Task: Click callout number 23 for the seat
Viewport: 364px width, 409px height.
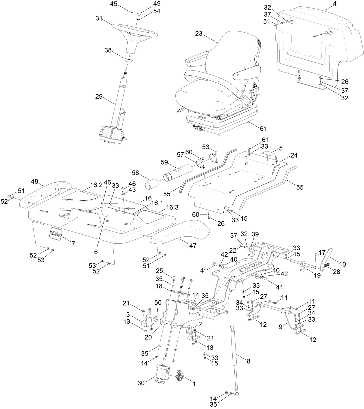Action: click(x=198, y=34)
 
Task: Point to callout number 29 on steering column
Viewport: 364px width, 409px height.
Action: click(x=99, y=97)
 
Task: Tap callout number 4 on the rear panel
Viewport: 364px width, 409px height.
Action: click(x=327, y=4)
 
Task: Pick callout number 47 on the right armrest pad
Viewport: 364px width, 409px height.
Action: click(x=193, y=246)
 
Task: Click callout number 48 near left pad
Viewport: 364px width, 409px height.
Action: click(x=35, y=182)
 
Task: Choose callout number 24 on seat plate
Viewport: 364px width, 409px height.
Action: click(x=294, y=155)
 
